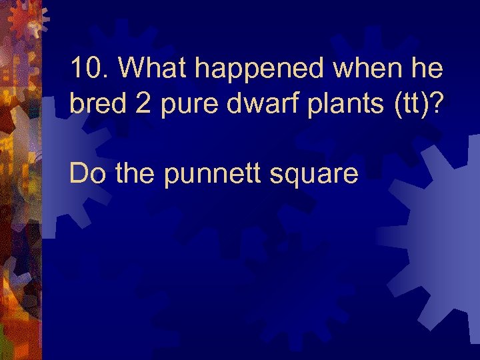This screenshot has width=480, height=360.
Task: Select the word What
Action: [151, 67]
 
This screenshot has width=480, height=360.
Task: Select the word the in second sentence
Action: [135, 174]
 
